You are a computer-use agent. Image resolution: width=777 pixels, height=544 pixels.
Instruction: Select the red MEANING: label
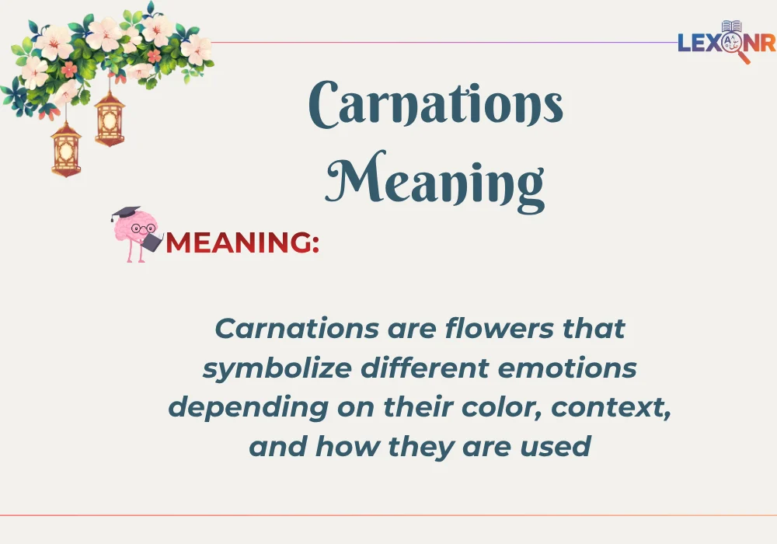coord(242,243)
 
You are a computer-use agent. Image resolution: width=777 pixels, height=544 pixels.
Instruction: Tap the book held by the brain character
coord(153,242)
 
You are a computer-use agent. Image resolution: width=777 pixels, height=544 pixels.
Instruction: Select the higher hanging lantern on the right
coord(110,118)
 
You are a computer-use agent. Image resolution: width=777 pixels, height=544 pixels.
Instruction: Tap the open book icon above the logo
coord(731,26)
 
